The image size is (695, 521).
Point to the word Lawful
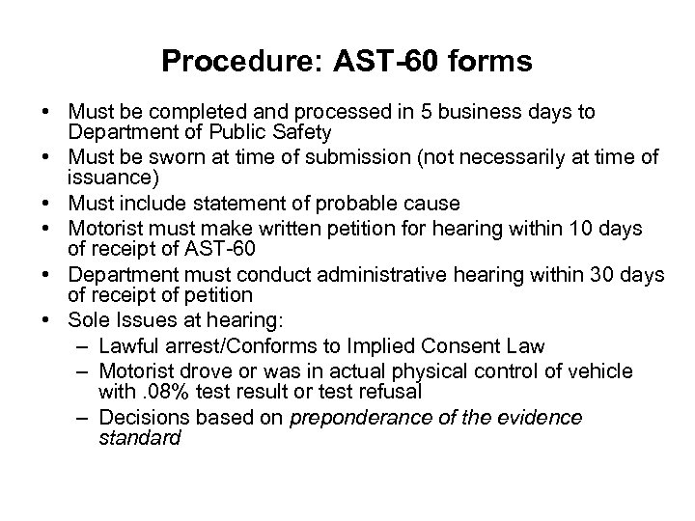(x=124, y=346)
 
